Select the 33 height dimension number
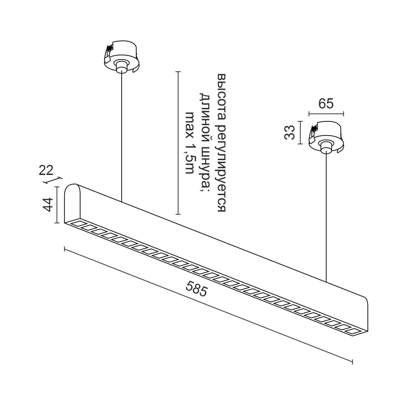click(x=290, y=132)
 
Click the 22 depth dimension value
click(x=46, y=171)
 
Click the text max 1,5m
click(x=189, y=142)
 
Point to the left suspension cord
click(x=122, y=136)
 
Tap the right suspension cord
click(x=326, y=217)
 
